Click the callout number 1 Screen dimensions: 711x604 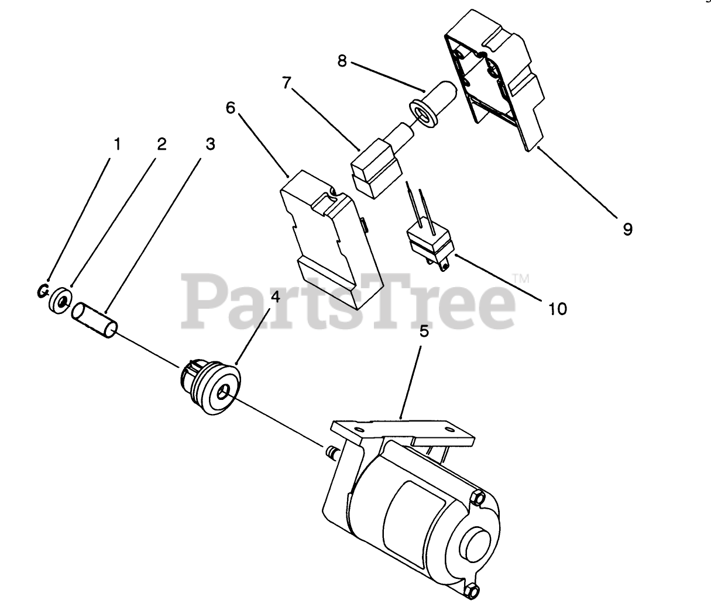[117, 144]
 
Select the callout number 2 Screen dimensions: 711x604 [161, 144]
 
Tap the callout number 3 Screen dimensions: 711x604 [209, 144]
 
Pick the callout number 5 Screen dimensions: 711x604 [424, 332]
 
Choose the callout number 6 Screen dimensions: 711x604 [230, 109]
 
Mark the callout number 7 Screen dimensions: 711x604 [286, 84]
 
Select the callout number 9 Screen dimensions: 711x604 [627, 229]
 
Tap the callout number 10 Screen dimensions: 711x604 [558, 308]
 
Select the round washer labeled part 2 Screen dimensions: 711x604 [60, 299]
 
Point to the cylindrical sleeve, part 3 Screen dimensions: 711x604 [94, 319]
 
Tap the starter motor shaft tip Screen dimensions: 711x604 [329, 451]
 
